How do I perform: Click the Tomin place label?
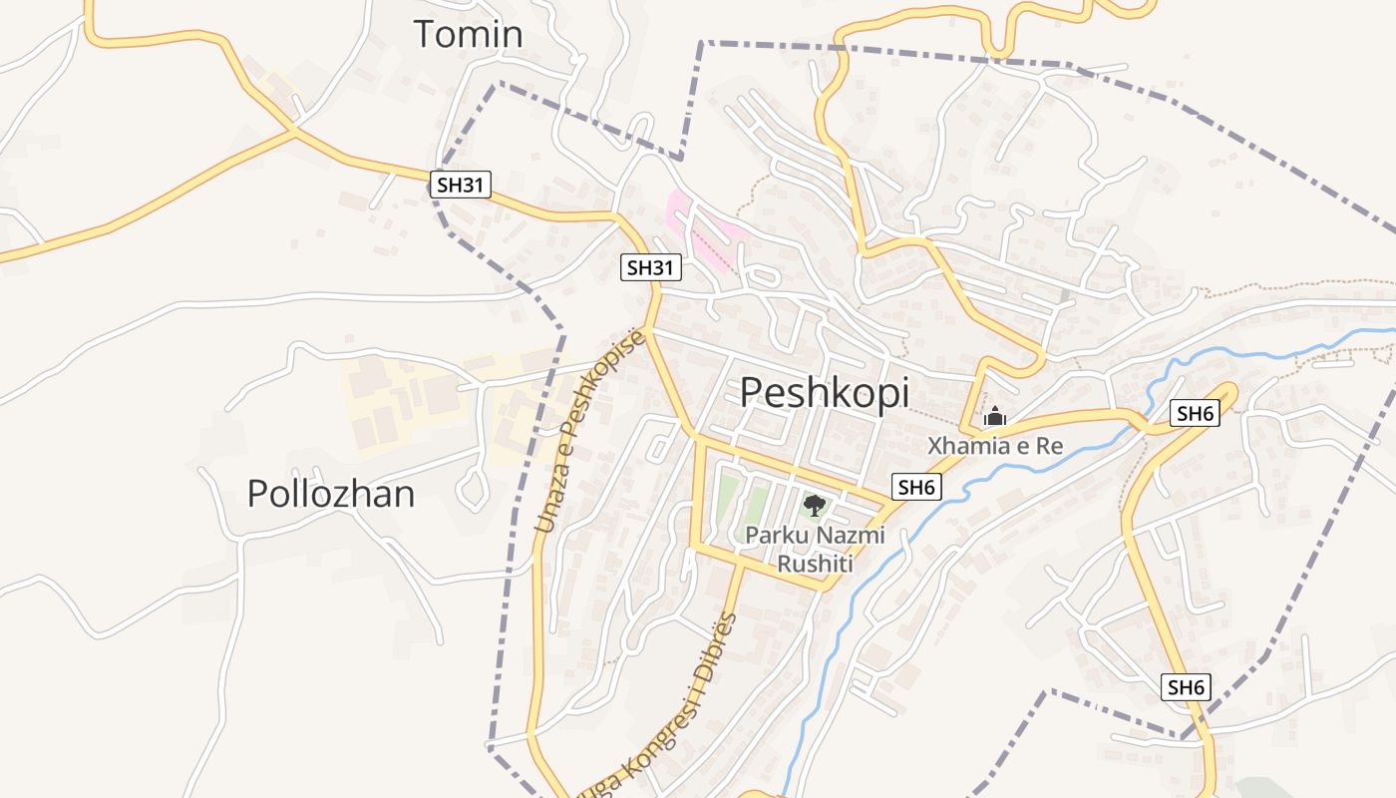coord(468,34)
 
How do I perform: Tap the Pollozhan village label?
coord(330,494)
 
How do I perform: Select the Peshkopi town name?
coord(824,393)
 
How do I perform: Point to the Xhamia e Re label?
coord(995,446)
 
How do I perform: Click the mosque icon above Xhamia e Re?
coord(995,417)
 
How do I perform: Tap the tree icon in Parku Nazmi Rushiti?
coord(814,505)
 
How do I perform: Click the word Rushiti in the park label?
coord(816,565)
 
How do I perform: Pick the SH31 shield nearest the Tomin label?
coord(461,184)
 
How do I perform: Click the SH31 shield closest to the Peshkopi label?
coord(651,267)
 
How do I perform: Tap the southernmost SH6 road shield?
coord(1187,686)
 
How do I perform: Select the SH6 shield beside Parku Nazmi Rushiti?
coord(916,487)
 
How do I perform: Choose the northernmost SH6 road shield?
coord(1195,413)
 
